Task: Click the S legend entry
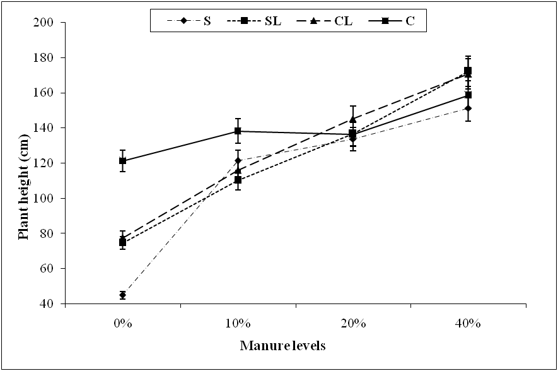pyautogui.click(x=195, y=21)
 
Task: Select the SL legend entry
pyautogui.click(x=259, y=21)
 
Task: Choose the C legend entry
pyautogui.click(x=398, y=21)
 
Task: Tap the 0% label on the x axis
pyautogui.click(x=123, y=324)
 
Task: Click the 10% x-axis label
pyautogui.click(x=238, y=324)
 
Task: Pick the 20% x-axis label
pyautogui.click(x=353, y=324)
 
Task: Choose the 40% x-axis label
pyautogui.click(x=468, y=324)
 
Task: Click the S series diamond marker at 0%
pyautogui.click(x=122, y=295)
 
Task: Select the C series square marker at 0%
pyautogui.click(x=122, y=161)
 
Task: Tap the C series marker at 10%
pyautogui.click(x=238, y=131)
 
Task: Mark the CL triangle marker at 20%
pyautogui.click(x=353, y=119)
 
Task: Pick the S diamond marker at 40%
pyautogui.click(x=468, y=109)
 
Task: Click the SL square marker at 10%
pyautogui.click(x=238, y=180)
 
